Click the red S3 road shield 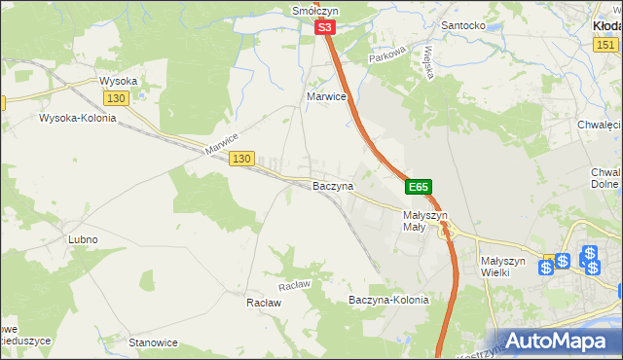[326, 30]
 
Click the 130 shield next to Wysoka [116, 99]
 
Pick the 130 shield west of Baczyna [242, 159]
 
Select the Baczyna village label [332, 185]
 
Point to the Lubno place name [83, 239]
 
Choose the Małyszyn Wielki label [503, 267]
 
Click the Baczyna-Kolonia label [388, 301]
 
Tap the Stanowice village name [153, 342]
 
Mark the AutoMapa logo [556, 341]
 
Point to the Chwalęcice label [599, 125]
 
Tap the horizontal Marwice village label [327, 96]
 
